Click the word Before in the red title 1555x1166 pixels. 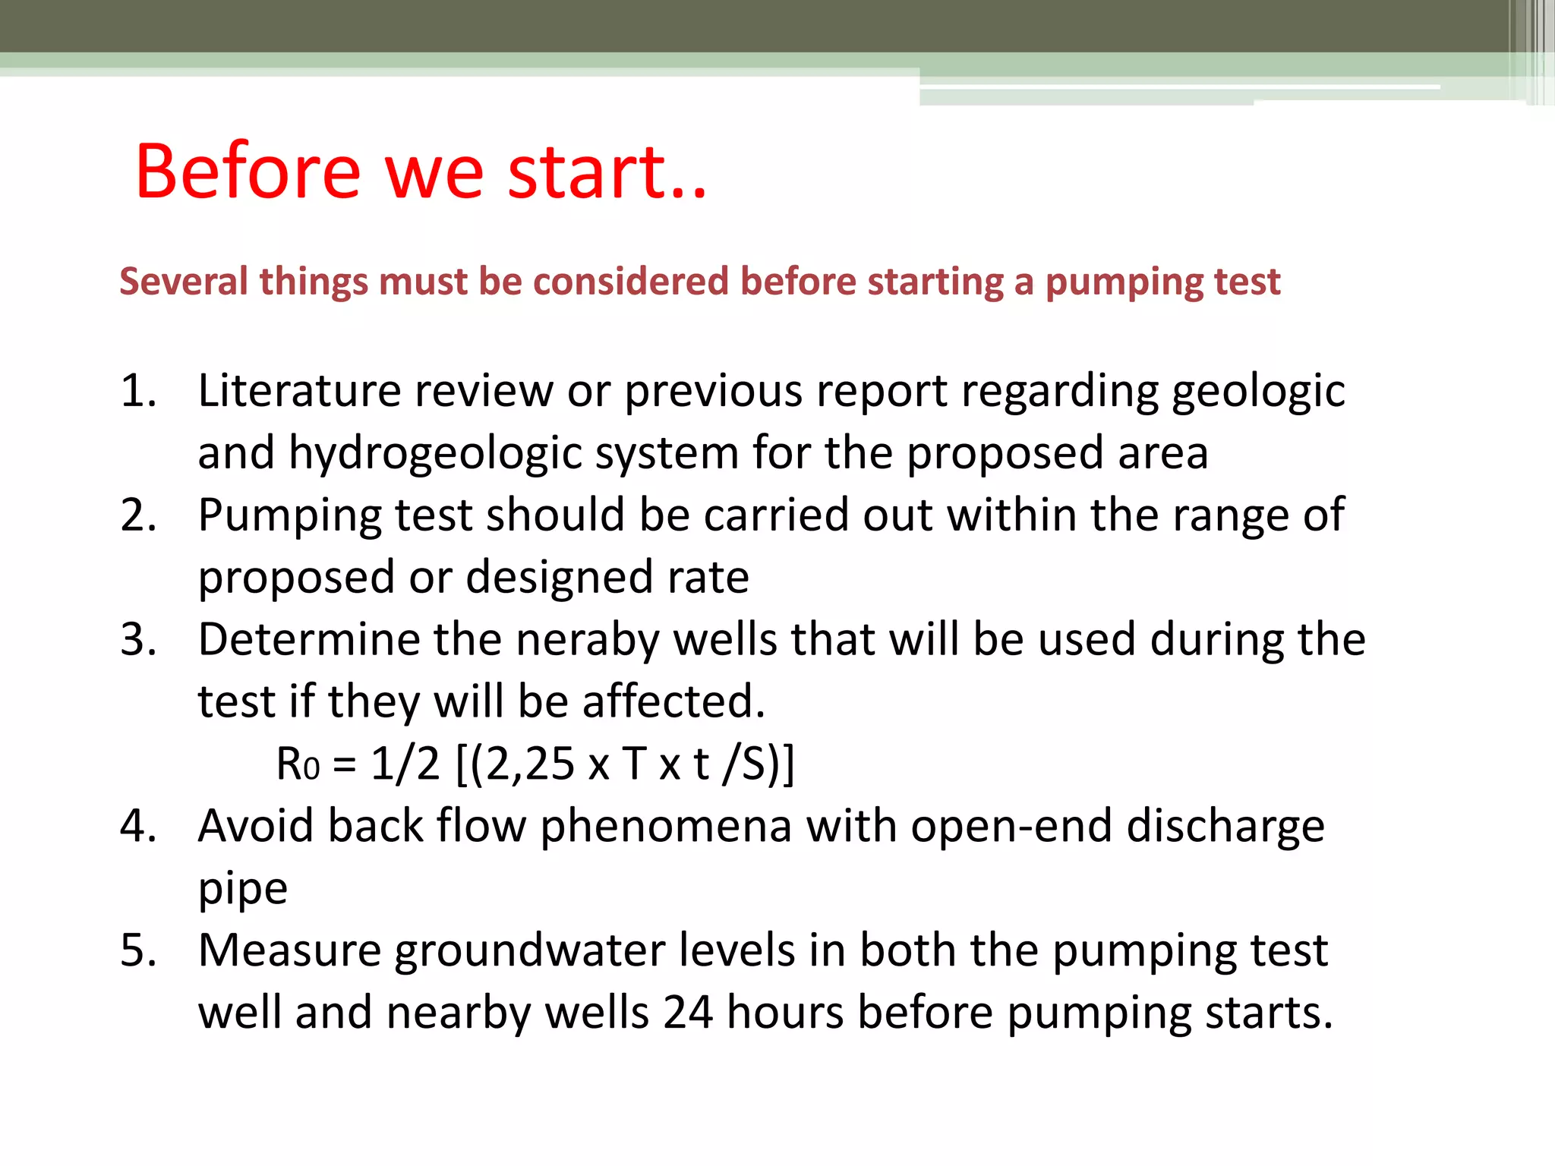[x=248, y=172]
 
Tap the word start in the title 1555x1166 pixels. [x=587, y=172]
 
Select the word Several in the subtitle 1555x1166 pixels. [x=184, y=282]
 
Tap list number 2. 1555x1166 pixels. [x=138, y=515]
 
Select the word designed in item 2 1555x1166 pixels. [x=560, y=578]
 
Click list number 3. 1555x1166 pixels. [x=138, y=640]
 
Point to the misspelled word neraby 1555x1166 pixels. [x=588, y=640]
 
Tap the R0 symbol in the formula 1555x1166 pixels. [x=297, y=764]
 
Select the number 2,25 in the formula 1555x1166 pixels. [x=530, y=764]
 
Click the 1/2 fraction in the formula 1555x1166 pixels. [x=405, y=764]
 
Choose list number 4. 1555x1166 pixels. [x=138, y=826]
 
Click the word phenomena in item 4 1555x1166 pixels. [x=666, y=826]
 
